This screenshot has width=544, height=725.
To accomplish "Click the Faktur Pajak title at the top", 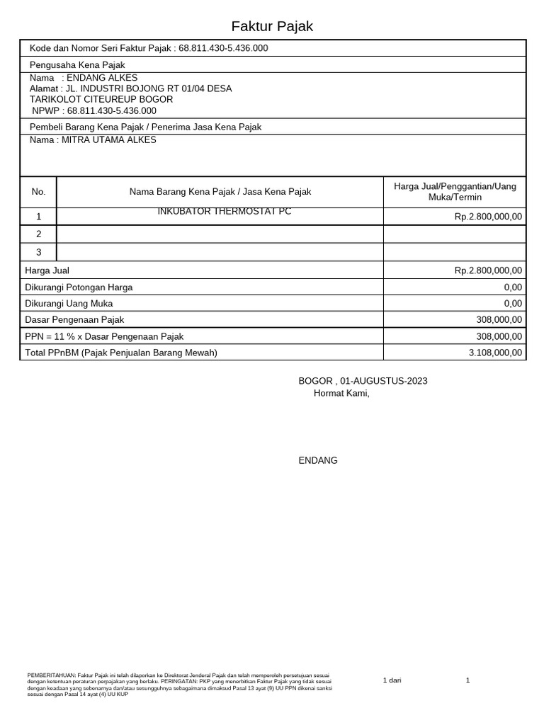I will tap(272, 27).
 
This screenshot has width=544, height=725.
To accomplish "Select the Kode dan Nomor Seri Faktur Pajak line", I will tap(149, 48).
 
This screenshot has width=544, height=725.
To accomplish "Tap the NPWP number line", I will tap(94, 111).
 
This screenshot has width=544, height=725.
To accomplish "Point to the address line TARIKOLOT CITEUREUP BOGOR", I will tap(101, 100).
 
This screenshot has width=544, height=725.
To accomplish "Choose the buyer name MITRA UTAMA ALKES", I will tap(93, 140).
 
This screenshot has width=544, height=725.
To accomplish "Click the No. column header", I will tap(38, 192).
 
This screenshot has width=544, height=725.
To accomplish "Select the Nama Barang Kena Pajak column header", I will tap(220, 192).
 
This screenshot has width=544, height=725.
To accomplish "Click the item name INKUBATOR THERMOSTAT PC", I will tap(224, 212).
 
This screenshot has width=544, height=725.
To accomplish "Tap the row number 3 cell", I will tap(38, 252).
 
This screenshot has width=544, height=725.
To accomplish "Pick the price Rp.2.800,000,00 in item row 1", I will tap(488, 217).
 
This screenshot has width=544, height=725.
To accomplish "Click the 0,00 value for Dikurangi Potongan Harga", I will tap(513, 287).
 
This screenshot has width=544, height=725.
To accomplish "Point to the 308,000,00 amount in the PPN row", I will tap(499, 337).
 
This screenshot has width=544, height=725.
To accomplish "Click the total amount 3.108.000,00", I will tap(495, 353).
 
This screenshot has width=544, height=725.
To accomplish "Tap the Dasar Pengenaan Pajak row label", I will tap(74, 320).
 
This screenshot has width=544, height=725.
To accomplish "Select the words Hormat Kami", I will tap(341, 394).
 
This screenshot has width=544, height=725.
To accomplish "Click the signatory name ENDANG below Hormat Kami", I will tap(318, 461).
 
